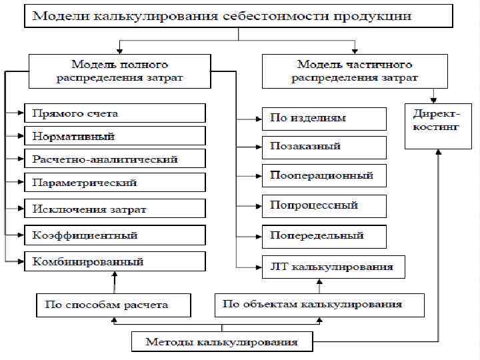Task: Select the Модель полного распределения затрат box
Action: click(x=119, y=71)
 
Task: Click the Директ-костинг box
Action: click(x=437, y=125)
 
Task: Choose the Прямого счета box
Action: click(x=115, y=114)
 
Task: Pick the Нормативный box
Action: click(x=115, y=137)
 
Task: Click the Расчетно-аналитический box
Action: click(x=115, y=160)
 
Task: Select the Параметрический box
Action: click(x=115, y=183)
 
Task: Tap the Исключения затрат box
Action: click(x=115, y=209)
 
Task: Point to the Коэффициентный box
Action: click(x=115, y=235)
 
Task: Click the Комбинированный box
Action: click(x=115, y=261)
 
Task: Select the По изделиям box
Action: click(x=324, y=119)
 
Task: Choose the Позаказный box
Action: click(x=324, y=146)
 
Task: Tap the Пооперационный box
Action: click(x=324, y=176)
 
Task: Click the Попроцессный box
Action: click(x=324, y=205)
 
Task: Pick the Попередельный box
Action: click(x=324, y=235)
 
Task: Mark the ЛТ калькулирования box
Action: click(x=332, y=267)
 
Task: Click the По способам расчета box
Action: click(x=113, y=305)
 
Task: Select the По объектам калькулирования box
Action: click(x=319, y=305)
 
